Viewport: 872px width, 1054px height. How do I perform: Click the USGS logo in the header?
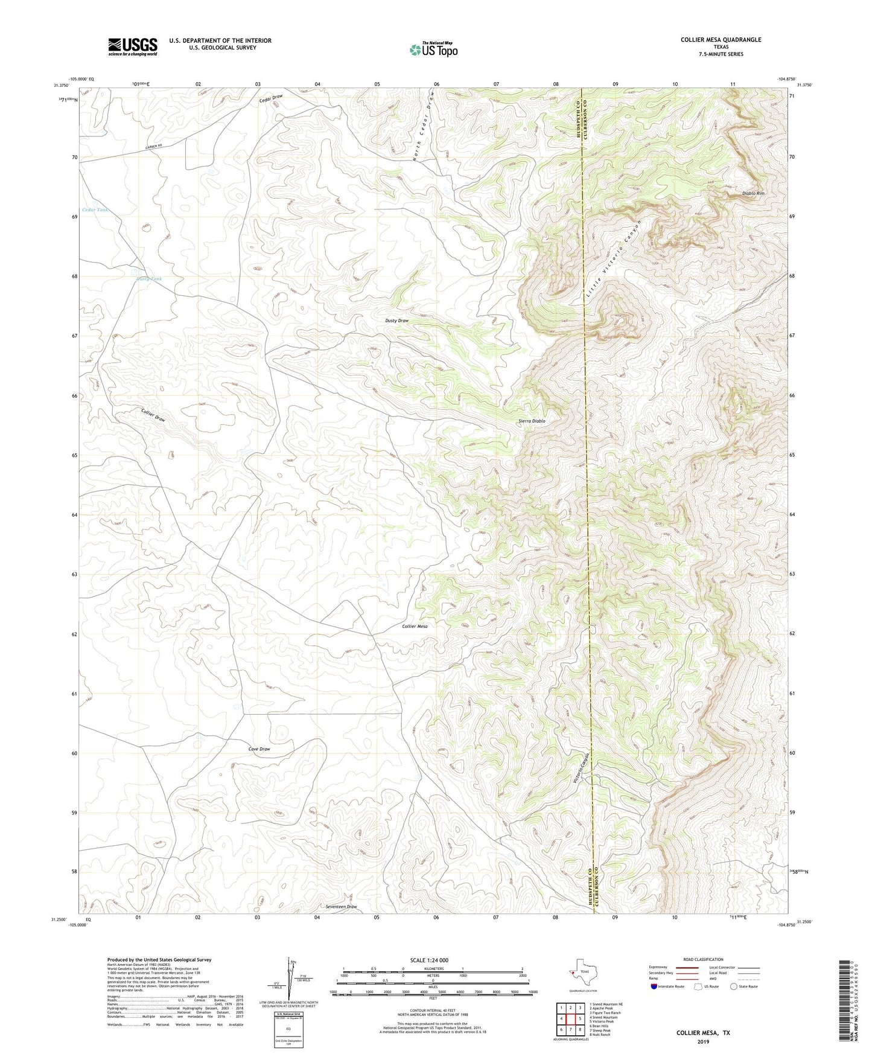click(133, 46)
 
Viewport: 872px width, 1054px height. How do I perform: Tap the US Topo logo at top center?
click(433, 50)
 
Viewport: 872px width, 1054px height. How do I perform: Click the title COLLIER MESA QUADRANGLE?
click(721, 40)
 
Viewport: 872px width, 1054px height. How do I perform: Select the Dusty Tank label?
click(148, 279)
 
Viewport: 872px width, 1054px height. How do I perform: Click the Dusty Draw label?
click(396, 321)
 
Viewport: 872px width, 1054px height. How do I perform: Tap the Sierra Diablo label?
click(532, 421)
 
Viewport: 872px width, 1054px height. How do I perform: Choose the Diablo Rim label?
click(753, 193)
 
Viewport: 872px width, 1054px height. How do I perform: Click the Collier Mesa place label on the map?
click(415, 627)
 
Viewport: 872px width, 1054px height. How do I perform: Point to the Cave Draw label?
click(259, 749)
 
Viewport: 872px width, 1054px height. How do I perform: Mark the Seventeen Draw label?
click(341, 907)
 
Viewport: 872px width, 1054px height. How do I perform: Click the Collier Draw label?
click(153, 415)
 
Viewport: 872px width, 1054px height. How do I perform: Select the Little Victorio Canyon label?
click(613, 260)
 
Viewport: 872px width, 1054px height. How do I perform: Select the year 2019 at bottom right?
click(702, 1041)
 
